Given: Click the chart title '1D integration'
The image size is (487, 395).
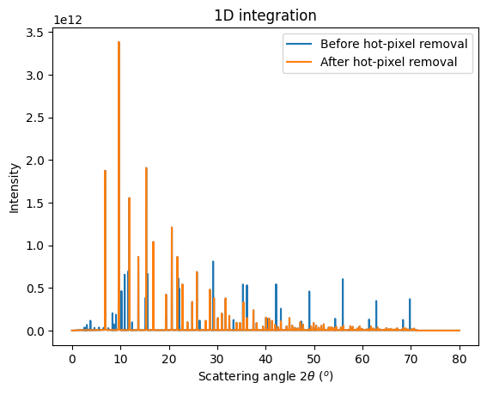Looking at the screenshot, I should (x=265, y=15).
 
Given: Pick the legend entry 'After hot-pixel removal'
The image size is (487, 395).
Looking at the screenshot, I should (x=389, y=61).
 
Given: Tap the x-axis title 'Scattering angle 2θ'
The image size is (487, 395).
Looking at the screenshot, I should (x=265, y=376).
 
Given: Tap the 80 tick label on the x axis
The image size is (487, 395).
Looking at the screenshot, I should (x=460, y=354).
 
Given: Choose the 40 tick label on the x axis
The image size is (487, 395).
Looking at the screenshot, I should (x=265, y=354).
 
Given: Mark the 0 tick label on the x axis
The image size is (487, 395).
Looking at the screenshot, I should (x=72, y=354).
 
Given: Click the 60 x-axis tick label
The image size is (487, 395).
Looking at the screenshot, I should (x=362, y=354).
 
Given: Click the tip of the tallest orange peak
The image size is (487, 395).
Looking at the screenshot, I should (x=119, y=42).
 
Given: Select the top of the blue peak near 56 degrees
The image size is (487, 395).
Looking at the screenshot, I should (x=343, y=279).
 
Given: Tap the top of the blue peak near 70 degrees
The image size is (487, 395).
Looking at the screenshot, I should (x=410, y=299).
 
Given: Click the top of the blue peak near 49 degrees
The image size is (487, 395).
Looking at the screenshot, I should (x=309, y=291).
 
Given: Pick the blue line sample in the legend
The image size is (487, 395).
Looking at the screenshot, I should (x=297, y=44).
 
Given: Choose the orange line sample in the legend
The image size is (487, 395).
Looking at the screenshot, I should (x=297, y=61).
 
